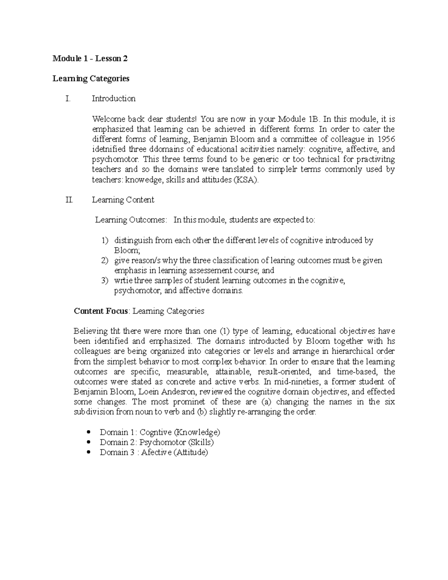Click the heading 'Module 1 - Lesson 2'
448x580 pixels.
coord(90,58)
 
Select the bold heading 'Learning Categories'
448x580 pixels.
coord(91,78)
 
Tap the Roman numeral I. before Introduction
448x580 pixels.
coord(68,99)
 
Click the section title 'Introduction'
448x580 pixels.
coord(113,99)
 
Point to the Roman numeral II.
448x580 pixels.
coord(69,200)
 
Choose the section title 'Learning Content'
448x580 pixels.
coord(123,200)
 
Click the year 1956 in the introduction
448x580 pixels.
coord(386,139)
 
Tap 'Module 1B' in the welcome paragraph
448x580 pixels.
coord(299,119)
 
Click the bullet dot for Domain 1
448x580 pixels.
coord(88,432)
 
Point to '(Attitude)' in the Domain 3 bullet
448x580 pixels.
coord(190,452)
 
